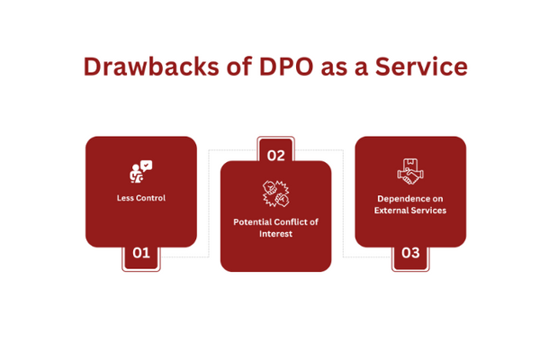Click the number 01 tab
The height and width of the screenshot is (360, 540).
click(141, 253)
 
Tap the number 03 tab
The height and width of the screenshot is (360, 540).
click(410, 253)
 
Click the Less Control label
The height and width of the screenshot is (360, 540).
click(141, 198)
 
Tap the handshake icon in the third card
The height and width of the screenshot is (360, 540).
click(409, 172)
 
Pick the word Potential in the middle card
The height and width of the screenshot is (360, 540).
click(253, 221)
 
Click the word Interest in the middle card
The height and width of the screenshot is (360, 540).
click(275, 233)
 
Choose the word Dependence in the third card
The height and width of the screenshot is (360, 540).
click(396, 198)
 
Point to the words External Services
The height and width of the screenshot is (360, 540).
click(410, 210)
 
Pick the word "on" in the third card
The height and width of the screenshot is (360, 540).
click(433, 198)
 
